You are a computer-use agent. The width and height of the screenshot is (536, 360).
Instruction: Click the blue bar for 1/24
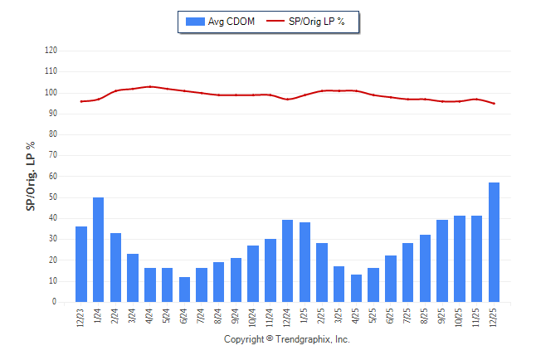tap(98, 250)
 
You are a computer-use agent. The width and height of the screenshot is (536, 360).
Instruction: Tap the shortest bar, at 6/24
tap(184, 289)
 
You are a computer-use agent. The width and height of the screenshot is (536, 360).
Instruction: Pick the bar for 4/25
tap(356, 288)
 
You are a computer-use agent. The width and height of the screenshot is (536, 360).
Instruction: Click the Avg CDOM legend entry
tap(221, 22)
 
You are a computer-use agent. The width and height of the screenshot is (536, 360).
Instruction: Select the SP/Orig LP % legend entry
tap(307, 22)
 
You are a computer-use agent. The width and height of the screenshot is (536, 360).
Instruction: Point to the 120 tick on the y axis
tap(51, 51)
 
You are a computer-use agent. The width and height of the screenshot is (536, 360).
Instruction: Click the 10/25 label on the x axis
tap(460, 318)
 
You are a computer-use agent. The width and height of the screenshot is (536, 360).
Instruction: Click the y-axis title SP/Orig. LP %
tap(31, 176)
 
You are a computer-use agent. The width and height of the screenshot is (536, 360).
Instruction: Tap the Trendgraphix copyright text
tap(287, 339)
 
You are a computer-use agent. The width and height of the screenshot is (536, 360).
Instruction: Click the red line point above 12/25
tap(494, 104)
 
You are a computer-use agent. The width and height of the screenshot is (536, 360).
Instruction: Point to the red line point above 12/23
tap(81, 101)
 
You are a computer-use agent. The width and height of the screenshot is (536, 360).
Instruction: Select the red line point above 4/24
tap(150, 86)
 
